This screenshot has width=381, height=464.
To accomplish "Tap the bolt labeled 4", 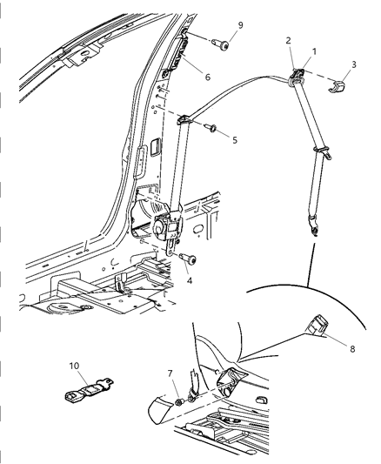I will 189,258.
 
